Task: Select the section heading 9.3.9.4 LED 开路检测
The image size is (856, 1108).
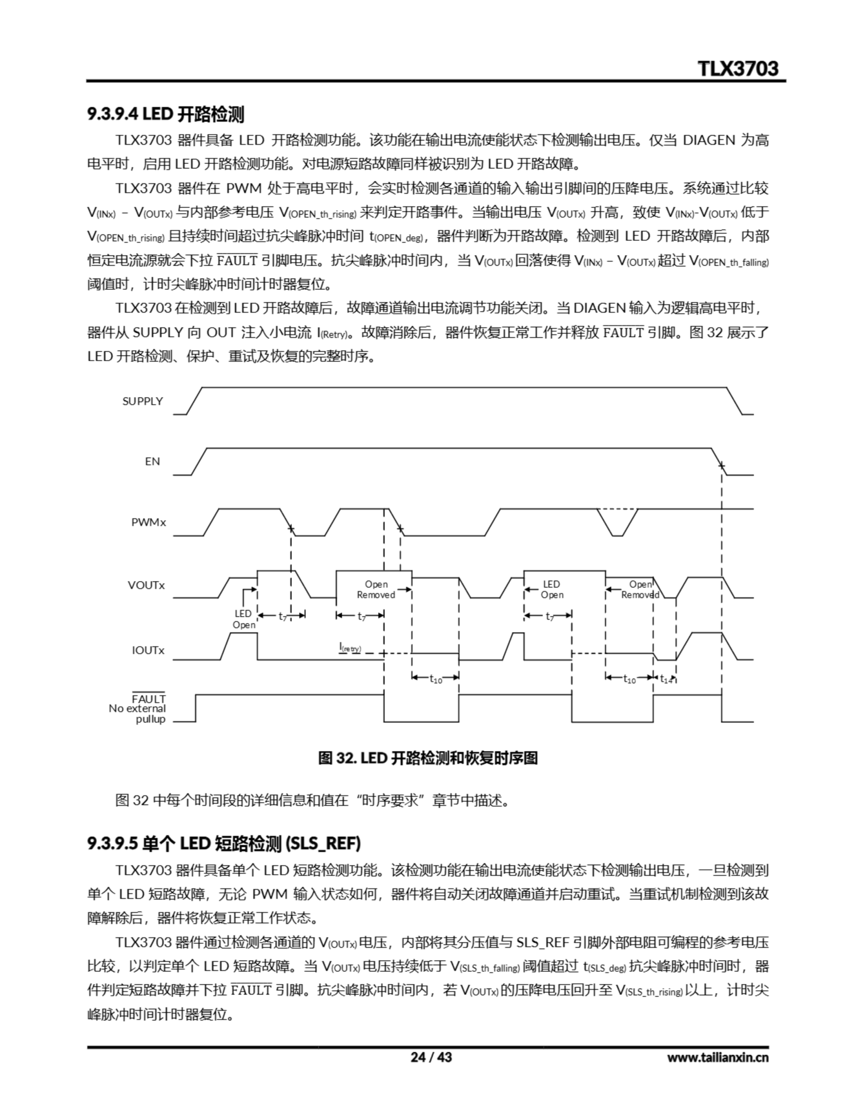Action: click(x=165, y=114)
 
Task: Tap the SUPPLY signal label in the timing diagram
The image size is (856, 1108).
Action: click(x=142, y=401)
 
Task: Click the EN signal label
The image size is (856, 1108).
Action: click(x=152, y=461)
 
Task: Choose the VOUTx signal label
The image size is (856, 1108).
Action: click(x=146, y=585)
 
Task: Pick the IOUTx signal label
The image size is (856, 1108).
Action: click(x=148, y=651)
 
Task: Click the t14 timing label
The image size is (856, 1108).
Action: click(x=666, y=679)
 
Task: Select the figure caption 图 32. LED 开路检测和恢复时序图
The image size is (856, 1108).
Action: click(x=428, y=758)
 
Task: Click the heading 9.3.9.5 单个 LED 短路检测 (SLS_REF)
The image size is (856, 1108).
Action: click(x=224, y=843)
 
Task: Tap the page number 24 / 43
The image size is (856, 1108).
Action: click(x=431, y=1057)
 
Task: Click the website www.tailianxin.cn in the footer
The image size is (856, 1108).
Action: click(x=718, y=1058)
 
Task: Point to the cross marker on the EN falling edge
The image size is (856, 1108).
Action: click(x=721, y=466)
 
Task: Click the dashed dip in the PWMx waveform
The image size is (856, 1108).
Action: click(x=617, y=522)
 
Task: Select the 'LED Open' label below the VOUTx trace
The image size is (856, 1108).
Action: click(x=244, y=619)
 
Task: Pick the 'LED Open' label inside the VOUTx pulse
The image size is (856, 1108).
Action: click(x=552, y=589)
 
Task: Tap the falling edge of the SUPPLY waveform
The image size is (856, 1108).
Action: click(x=735, y=401)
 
